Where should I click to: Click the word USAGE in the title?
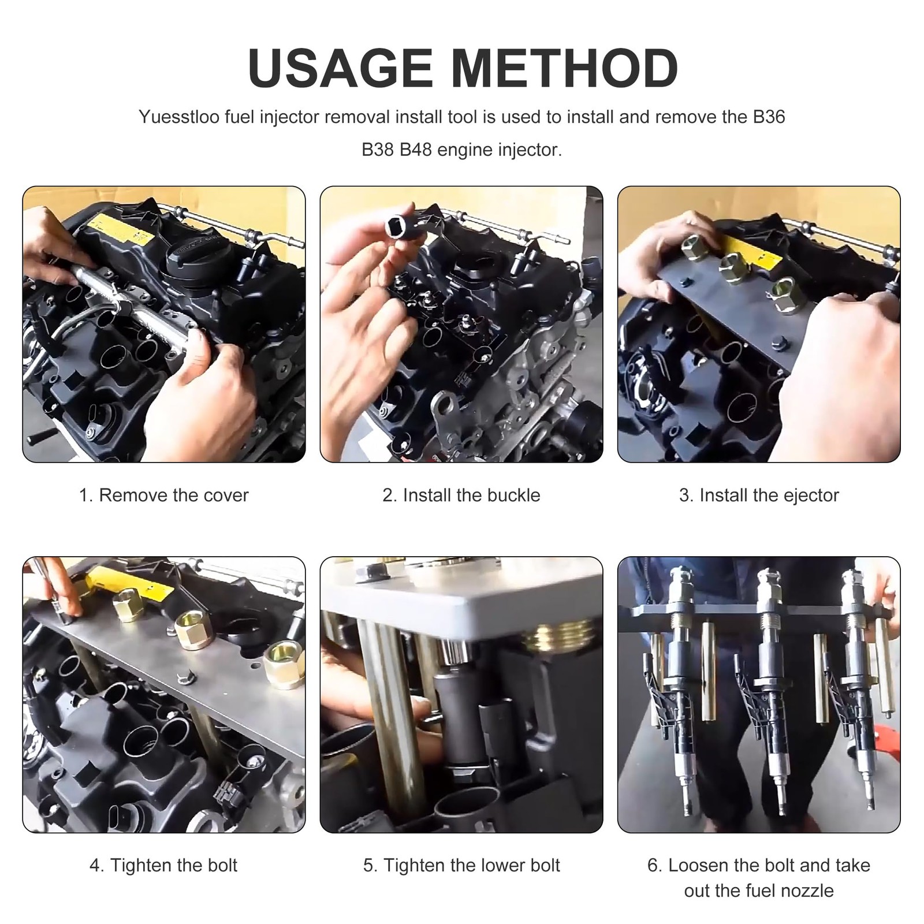340,68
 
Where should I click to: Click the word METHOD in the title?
564,68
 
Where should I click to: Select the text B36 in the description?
769,117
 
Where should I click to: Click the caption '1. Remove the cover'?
163,495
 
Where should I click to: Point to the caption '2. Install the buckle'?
461,495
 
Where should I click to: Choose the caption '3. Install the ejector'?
759,495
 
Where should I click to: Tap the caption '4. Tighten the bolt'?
163,865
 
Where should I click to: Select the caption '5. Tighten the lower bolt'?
461,865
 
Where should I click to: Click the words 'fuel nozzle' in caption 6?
759,891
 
